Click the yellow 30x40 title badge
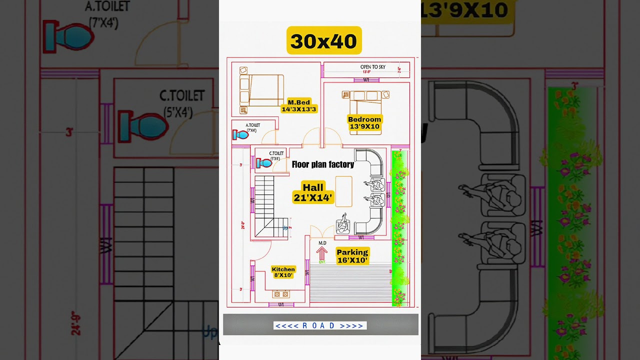pos(324,40)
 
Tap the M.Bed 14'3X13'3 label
pos(299,106)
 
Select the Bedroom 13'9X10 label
pos(364,123)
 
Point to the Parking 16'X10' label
pos(352,256)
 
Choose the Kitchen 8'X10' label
pos(283,272)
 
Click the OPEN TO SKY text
pos(372,67)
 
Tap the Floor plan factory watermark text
pos(322,164)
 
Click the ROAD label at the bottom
pos(320,326)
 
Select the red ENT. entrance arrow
pos(322,254)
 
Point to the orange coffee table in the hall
pos(343,191)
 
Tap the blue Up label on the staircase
pos(285,228)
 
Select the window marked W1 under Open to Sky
pos(366,79)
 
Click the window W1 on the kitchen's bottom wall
pos(280,304)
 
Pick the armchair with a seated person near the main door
pos(343,225)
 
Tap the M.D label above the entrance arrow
pos(322,243)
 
